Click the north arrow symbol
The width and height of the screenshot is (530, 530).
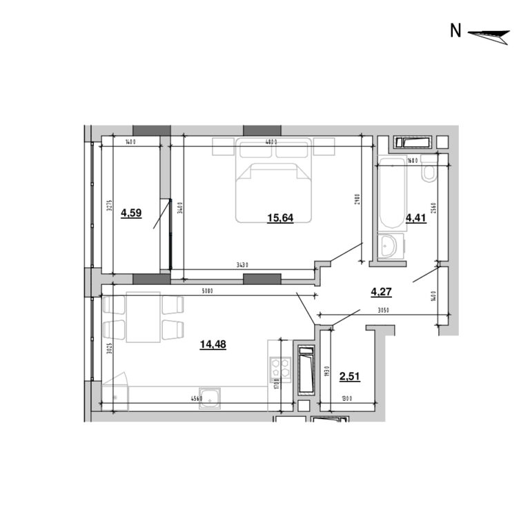click(x=489, y=34)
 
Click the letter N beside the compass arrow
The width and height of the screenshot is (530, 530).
click(x=455, y=31)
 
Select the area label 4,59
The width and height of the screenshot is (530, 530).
click(x=131, y=213)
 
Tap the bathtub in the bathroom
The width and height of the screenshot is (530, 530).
click(x=392, y=193)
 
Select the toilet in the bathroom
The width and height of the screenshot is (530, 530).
click(x=429, y=170)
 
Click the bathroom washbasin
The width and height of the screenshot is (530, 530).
click(x=390, y=246)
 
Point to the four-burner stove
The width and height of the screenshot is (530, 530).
click(x=280, y=369)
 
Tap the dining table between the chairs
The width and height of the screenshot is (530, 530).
click(x=144, y=317)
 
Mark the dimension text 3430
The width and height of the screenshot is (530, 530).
click(x=242, y=265)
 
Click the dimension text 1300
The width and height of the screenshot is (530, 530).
click(x=346, y=398)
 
